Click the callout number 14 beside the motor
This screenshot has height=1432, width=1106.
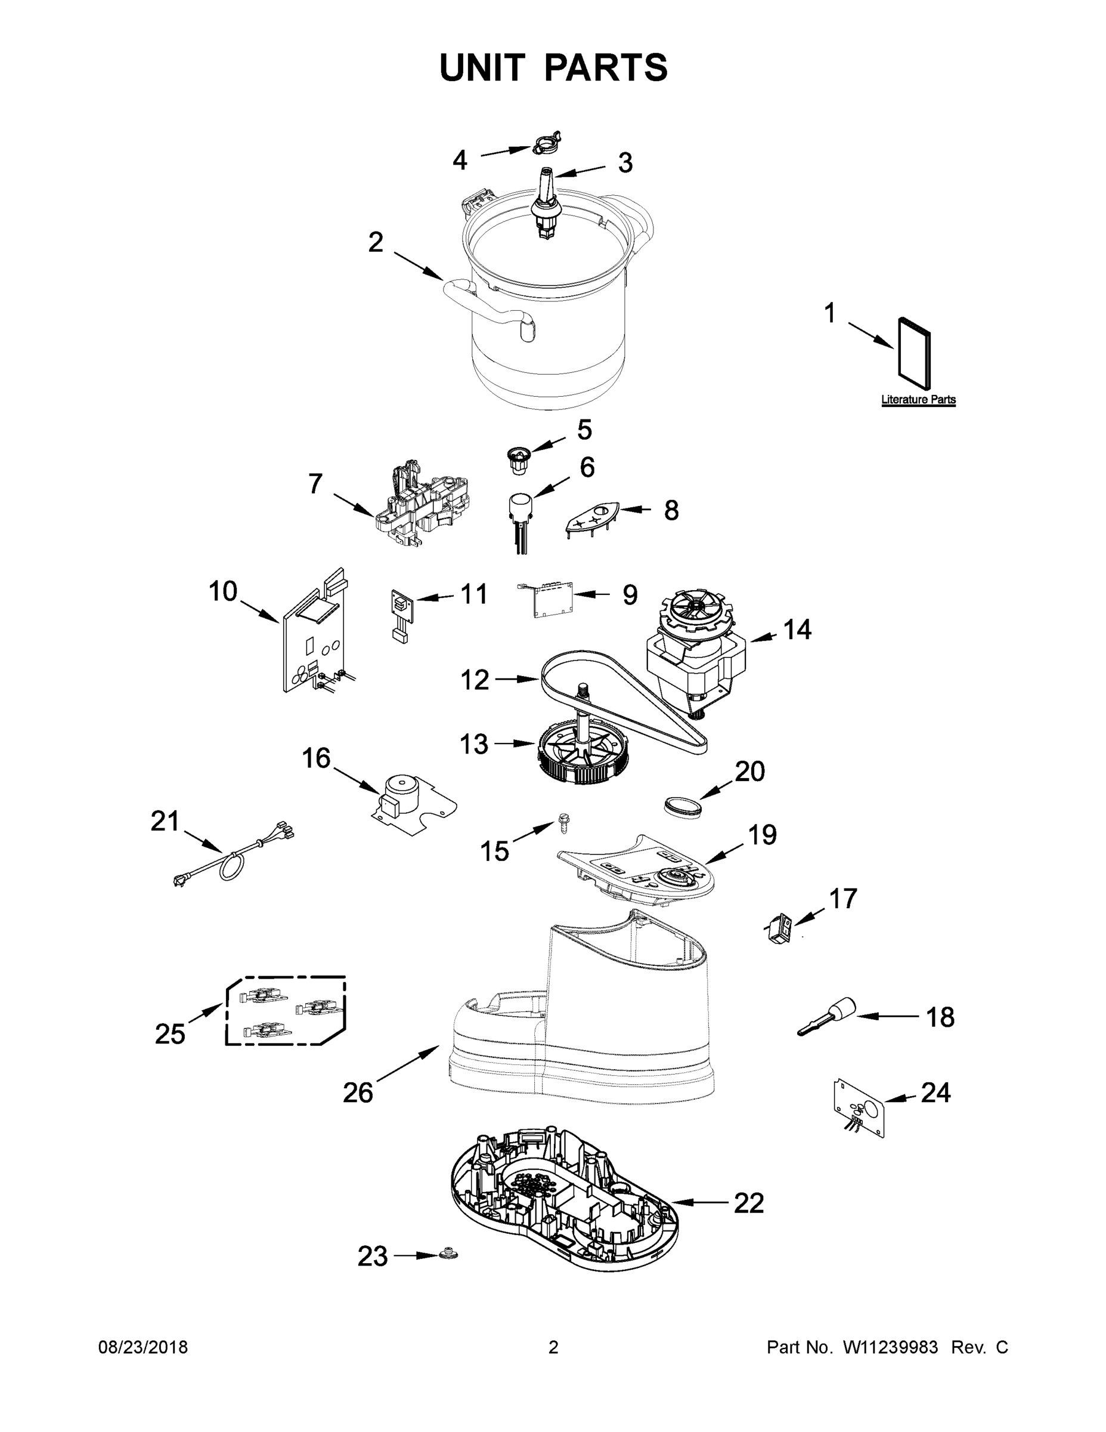pos(797,629)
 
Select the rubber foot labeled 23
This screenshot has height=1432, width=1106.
pos(449,1254)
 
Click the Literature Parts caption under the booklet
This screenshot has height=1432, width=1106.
pos(918,399)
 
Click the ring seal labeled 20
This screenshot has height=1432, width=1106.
pos(681,804)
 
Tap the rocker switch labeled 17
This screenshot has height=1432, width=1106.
pos(780,928)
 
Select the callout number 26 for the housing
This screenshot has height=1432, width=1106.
pos(358,1092)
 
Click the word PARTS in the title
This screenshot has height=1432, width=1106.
pos(605,67)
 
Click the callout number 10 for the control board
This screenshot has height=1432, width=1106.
pos(223,591)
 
